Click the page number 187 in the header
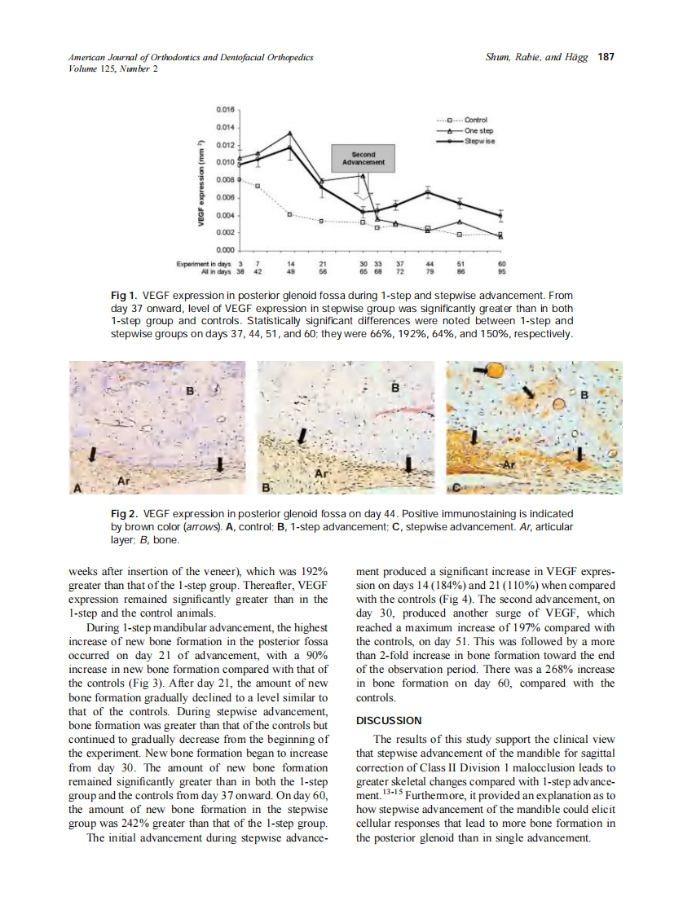click(x=606, y=57)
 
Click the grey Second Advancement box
click(x=363, y=158)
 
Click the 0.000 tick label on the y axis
click(x=226, y=249)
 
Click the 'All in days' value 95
click(x=501, y=271)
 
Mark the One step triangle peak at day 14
click(x=290, y=133)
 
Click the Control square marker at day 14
click(x=290, y=214)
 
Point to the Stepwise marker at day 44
click(x=428, y=191)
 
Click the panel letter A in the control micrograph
click(x=78, y=488)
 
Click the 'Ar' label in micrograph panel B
click(x=321, y=473)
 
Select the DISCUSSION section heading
click(x=389, y=721)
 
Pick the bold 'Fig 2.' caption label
click(x=124, y=514)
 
